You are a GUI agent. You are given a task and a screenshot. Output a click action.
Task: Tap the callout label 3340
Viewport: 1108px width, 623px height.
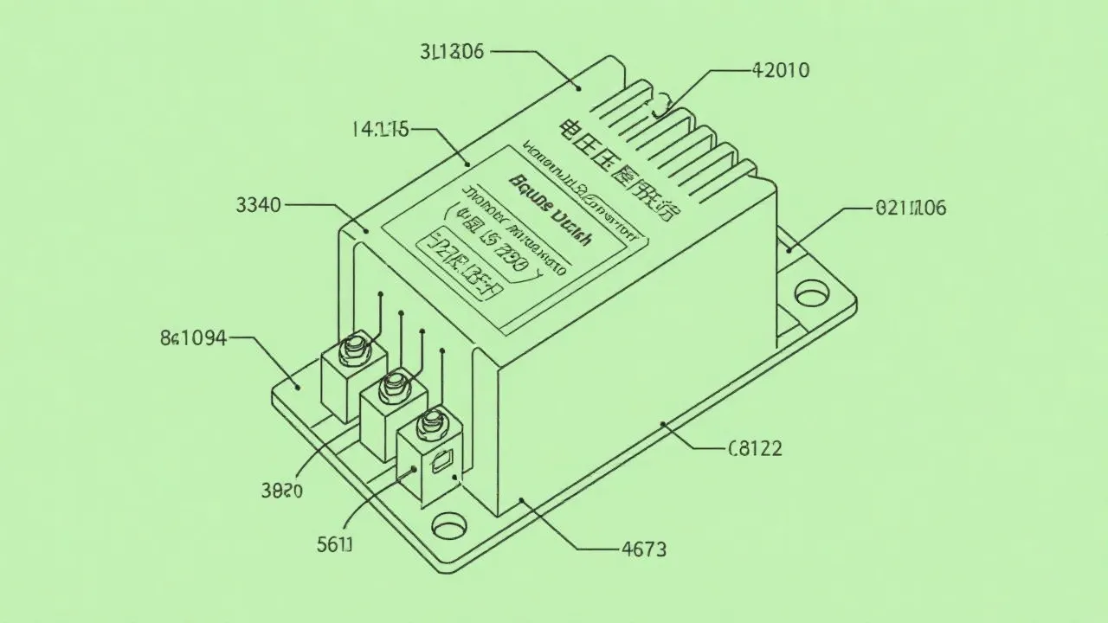click(258, 205)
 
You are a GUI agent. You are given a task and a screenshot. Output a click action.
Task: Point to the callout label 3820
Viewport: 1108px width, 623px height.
click(281, 491)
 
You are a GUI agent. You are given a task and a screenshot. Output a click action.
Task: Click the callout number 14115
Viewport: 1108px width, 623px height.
click(379, 130)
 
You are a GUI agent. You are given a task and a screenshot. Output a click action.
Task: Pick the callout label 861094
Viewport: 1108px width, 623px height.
click(193, 337)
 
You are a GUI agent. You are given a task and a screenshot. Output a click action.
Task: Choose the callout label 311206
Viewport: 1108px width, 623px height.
click(451, 51)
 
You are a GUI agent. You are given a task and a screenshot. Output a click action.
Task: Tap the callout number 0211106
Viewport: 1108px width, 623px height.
click(911, 208)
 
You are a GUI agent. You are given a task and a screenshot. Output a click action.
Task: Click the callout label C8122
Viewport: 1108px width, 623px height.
click(755, 448)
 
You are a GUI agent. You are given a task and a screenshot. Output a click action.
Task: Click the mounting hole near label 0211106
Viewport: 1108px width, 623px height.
click(811, 293)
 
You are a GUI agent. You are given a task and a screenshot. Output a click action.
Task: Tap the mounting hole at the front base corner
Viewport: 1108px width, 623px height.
click(448, 525)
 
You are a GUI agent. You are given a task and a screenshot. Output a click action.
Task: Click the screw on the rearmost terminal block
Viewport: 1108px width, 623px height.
click(354, 348)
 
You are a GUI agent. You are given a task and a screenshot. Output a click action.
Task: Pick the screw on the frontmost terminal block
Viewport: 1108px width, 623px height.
click(431, 424)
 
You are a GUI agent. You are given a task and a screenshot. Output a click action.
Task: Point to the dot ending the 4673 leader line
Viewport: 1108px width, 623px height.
click(521, 500)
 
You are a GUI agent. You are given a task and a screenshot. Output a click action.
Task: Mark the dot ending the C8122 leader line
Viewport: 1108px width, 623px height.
click(664, 424)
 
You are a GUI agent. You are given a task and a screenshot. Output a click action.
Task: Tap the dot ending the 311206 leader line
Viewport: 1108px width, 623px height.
click(578, 87)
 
